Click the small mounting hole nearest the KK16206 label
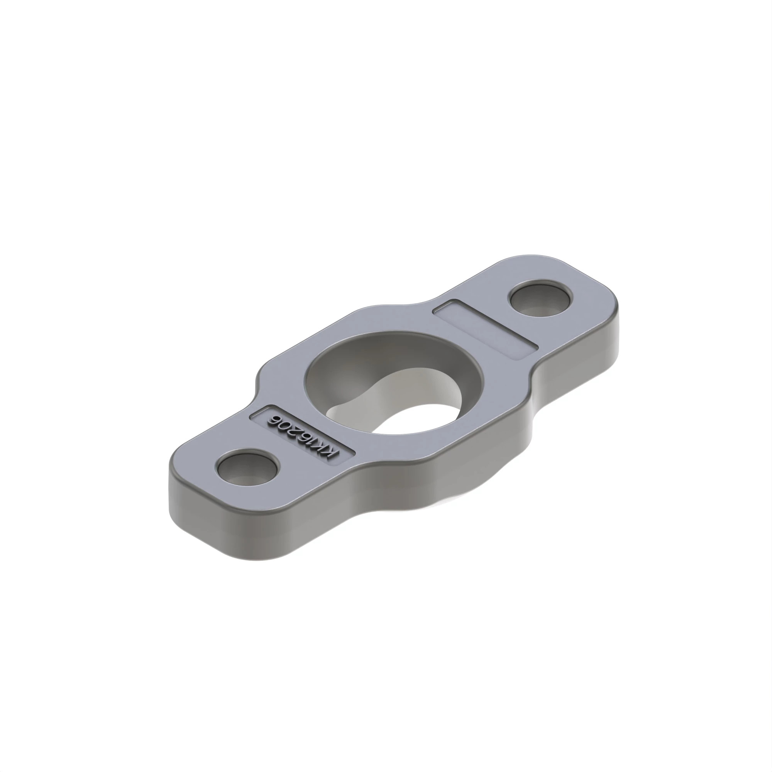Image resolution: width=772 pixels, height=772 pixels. [x=247, y=469]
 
